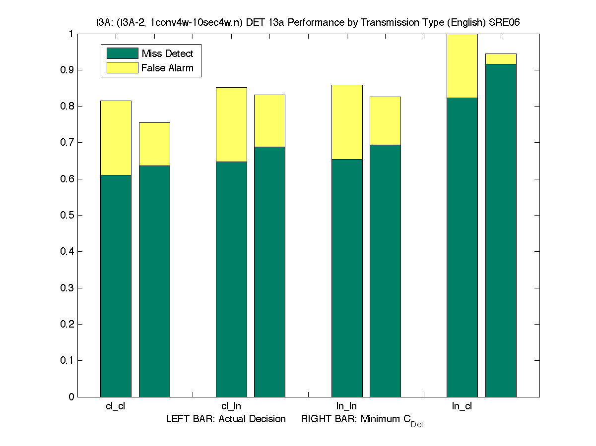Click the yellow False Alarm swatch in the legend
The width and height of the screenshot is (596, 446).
pyautogui.click(x=122, y=68)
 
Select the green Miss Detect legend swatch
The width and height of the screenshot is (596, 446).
pyautogui.click(x=122, y=54)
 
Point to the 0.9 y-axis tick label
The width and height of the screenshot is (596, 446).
pyautogui.click(x=67, y=70)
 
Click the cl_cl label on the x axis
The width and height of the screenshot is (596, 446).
pyautogui.click(x=116, y=406)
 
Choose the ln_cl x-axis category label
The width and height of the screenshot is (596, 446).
pyautogui.click(x=462, y=406)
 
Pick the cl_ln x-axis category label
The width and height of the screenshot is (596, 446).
pyautogui.click(x=231, y=406)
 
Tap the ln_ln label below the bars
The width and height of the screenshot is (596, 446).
pyautogui.click(x=346, y=406)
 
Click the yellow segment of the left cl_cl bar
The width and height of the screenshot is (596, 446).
pyautogui.click(x=116, y=138)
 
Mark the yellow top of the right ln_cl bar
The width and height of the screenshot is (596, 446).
pyautogui.click(x=501, y=59)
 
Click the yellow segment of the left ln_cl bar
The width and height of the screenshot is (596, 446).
pyautogui.click(x=462, y=66)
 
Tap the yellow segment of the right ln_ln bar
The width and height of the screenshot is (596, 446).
pyautogui.click(x=385, y=120)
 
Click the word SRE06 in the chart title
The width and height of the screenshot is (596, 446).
pyautogui.click(x=504, y=23)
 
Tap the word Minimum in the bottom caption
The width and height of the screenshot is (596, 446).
pyautogui.click(x=380, y=419)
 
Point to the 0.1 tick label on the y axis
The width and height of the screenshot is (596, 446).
pyautogui.click(x=67, y=360)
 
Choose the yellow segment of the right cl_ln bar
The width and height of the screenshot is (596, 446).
pyautogui.click(x=269, y=120)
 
